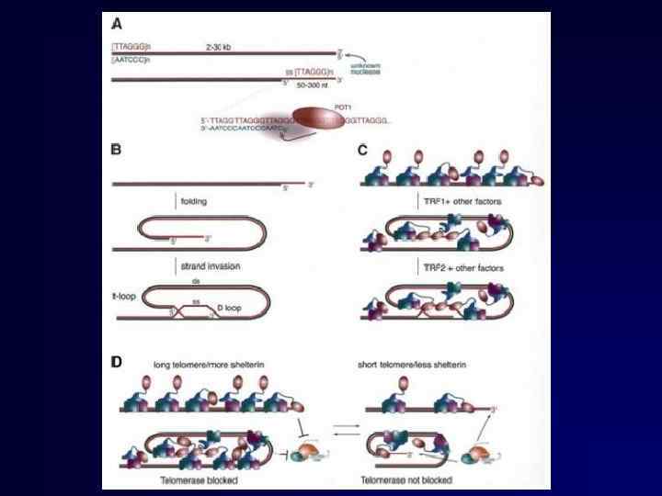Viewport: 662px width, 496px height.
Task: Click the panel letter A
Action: [116, 25]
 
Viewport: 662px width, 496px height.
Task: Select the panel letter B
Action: [116, 147]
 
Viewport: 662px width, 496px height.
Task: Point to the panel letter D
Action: [116, 361]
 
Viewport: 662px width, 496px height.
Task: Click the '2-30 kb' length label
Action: [219, 45]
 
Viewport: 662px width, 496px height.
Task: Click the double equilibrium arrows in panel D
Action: [333, 428]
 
